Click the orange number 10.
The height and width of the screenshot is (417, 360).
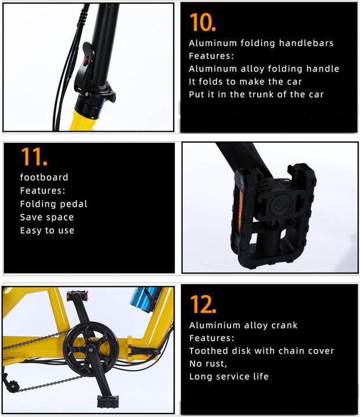click(203, 22)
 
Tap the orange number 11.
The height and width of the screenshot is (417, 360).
click(34, 157)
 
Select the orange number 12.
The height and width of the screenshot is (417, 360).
click(203, 304)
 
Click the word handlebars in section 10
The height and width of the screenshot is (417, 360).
click(306, 43)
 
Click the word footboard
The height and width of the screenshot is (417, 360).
click(44, 177)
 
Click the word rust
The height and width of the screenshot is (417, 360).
click(215, 364)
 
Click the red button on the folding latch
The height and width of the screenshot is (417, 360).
click(85, 61)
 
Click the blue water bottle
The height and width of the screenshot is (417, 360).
click(145, 299)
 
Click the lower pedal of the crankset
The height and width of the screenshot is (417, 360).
click(107, 402)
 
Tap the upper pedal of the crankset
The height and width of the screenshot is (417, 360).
click(77, 296)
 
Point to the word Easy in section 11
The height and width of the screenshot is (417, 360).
click(31, 231)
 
